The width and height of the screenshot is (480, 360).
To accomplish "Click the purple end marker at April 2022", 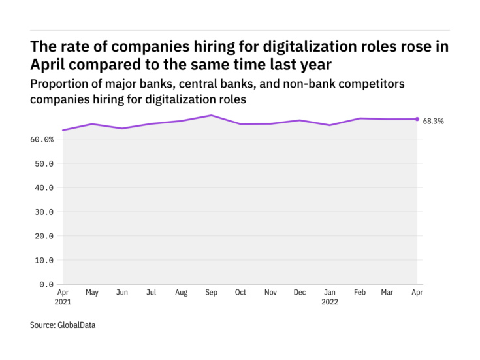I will tap(417, 119).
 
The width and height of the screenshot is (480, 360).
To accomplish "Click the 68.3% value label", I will tap(434, 121).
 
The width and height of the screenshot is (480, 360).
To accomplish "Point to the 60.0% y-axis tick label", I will tap(40, 139).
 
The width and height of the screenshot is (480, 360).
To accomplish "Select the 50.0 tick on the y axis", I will tap(44, 163).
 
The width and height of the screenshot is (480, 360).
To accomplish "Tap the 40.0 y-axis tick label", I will tap(44, 188).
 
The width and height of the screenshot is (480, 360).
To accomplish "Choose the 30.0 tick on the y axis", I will tap(44, 212).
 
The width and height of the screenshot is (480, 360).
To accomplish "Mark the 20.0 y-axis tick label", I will tap(44, 236).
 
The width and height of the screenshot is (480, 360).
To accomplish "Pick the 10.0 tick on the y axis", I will tap(44, 260).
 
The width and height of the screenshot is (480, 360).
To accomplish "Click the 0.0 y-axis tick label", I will tap(46, 284).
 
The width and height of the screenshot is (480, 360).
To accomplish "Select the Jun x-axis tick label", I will tap(121, 293).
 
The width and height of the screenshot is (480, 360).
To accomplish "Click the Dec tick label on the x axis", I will tap(299, 293).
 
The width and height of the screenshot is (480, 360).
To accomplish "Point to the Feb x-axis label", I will tap(359, 293).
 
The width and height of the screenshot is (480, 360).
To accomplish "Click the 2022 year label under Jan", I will tap(329, 303).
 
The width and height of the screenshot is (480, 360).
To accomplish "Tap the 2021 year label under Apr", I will tap(63, 303).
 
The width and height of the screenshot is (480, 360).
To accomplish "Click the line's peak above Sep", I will tap(210, 115).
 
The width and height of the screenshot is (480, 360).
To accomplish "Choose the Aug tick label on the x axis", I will tap(181, 293).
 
